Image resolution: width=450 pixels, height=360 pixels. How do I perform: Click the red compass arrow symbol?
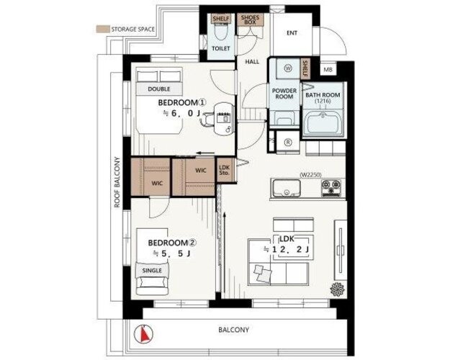143,333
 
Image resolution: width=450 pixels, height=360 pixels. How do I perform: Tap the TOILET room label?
221,48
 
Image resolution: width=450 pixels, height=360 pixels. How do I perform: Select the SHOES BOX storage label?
251,20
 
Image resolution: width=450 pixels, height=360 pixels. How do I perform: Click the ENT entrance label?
292,33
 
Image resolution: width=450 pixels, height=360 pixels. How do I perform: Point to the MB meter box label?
328,70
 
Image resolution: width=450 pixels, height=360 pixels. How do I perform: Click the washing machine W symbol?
288,68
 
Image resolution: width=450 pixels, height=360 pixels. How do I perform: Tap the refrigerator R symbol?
288,143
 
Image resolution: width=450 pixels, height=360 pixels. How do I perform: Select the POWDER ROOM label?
284,94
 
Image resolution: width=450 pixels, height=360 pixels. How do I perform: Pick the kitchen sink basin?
286,188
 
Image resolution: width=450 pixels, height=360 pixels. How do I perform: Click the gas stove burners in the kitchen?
331,188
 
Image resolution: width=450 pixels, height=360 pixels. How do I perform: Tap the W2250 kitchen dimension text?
310,174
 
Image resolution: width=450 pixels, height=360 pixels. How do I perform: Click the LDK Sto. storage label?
224,170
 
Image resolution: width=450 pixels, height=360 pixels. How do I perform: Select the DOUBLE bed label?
159,89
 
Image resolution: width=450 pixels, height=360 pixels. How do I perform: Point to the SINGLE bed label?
152,271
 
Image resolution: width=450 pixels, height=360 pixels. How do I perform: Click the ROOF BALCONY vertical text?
117,182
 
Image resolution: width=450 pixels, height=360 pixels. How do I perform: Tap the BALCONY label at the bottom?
233,330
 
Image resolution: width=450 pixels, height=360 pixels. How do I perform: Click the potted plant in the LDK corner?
337,289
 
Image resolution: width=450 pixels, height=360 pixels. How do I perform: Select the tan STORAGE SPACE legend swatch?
102,30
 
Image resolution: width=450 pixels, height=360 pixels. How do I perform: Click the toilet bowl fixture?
221,32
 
